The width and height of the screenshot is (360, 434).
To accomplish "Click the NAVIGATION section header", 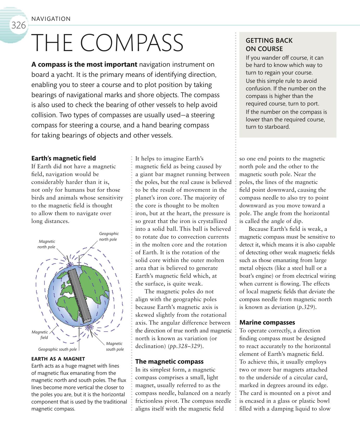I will tap(51, 19).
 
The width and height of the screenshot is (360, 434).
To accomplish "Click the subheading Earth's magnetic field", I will tap(64, 158).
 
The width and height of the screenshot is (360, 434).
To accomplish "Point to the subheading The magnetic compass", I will tap(169, 361).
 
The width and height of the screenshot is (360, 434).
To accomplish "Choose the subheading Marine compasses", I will tap(267, 322).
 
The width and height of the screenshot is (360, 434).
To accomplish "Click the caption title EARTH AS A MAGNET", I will tap(58, 359).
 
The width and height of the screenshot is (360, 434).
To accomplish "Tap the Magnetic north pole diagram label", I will tap(46, 244).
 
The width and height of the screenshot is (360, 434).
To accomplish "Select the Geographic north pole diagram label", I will tap(109, 237).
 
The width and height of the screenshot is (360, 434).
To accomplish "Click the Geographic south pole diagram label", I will tap(57, 349).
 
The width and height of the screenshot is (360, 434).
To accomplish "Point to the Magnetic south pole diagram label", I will tap(115, 346).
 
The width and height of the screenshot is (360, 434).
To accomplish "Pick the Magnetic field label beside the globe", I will tap(40, 335).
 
